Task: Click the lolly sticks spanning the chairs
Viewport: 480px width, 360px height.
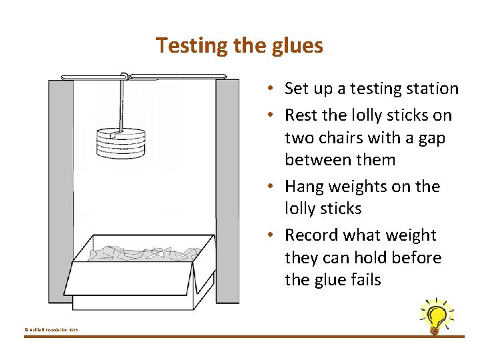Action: (143, 76)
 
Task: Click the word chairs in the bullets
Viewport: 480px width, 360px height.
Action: (341, 138)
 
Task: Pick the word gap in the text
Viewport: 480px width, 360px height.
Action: (433, 138)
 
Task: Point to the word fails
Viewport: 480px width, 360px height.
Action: (363, 280)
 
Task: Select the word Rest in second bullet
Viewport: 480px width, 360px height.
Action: (300, 115)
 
